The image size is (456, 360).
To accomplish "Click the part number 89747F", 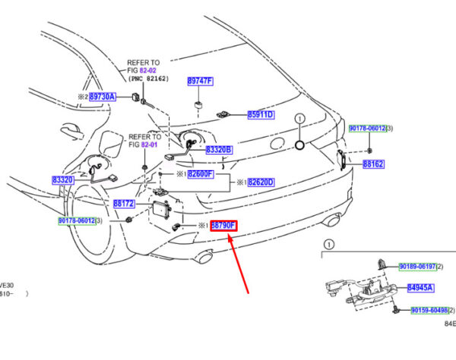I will coord(201,81).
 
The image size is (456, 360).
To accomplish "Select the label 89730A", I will coord(102,97).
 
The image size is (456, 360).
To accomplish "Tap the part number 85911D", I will coord(261,115).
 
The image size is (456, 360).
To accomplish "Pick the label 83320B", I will coord(219,150).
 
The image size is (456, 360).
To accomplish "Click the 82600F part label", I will coord(201,174).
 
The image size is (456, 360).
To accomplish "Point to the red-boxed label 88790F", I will coord(223,226).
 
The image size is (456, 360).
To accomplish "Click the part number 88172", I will coord(124,204).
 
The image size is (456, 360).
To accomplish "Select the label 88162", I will coord(373,163).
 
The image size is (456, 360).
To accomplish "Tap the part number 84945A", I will coord(420,288).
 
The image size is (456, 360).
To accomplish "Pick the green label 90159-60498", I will coord(430,311).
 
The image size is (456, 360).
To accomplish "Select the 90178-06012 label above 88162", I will coord(368,129).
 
